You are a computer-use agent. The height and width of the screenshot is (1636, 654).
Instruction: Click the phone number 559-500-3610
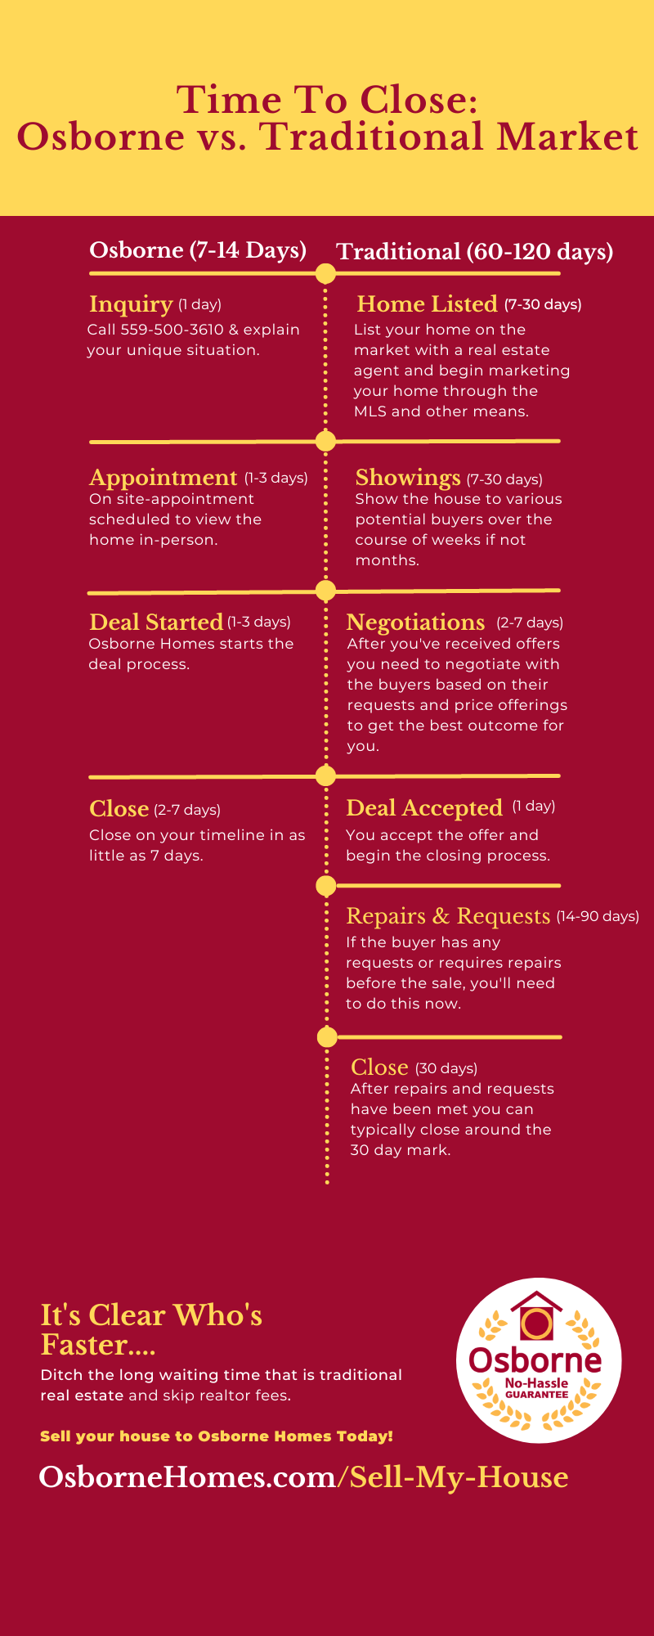click(x=172, y=330)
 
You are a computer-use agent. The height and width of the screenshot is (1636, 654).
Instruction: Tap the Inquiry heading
click(x=131, y=304)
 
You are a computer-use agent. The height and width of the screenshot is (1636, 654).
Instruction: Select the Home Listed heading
click(x=427, y=304)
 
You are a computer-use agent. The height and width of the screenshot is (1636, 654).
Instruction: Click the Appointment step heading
click(x=163, y=478)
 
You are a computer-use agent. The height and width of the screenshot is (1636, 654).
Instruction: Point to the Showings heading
click(x=408, y=478)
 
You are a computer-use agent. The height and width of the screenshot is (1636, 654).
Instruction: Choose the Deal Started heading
click(x=156, y=622)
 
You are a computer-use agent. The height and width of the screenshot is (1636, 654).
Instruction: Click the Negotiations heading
click(x=415, y=622)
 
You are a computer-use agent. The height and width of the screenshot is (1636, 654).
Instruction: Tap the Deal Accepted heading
click(x=424, y=808)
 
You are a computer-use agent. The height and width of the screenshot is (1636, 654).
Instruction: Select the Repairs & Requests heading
click(x=448, y=916)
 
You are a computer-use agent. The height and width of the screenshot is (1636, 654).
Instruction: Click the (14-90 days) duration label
click(x=598, y=916)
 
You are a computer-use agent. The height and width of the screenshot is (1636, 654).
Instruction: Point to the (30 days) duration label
click(x=446, y=1068)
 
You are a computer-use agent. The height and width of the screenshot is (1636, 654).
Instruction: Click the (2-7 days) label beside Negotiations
click(x=530, y=622)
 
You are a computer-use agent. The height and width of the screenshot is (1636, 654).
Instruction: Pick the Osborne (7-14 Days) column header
click(x=198, y=250)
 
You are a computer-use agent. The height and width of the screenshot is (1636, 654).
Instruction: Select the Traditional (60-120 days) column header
click(x=475, y=252)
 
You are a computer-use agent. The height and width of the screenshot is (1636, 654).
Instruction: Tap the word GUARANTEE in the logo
click(x=536, y=1395)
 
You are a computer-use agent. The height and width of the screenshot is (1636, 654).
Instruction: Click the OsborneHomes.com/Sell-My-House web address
click(x=303, y=1477)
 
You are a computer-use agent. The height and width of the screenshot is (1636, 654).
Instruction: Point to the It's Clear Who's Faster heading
click(x=152, y=1329)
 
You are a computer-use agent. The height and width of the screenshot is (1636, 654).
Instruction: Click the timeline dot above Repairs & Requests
click(x=325, y=885)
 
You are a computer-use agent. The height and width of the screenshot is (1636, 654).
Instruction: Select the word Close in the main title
click(x=418, y=101)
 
